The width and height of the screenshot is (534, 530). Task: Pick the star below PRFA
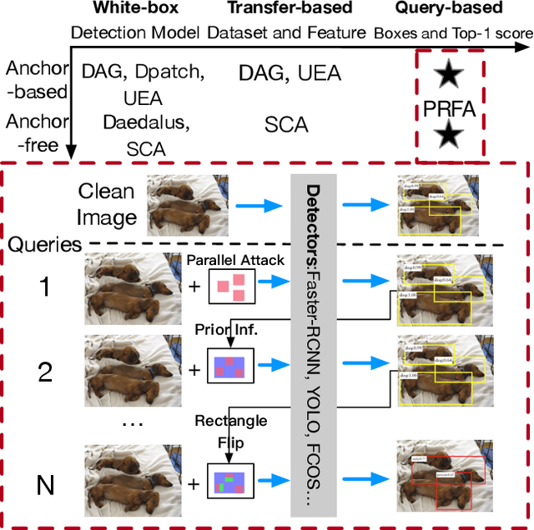(450, 134)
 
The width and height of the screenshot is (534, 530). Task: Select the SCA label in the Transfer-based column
(285, 125)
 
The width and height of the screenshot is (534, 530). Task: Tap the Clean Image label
(107, 205)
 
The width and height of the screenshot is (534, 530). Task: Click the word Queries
(46, 245)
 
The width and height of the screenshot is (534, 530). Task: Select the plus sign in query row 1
(194, 289)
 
